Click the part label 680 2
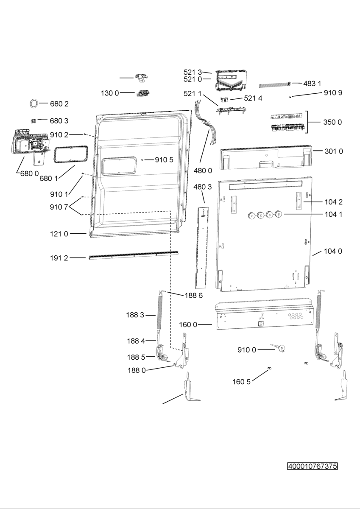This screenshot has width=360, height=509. click(59, 104)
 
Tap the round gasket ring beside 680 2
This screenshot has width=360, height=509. click(34, 103)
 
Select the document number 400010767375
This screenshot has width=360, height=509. click(313, 466)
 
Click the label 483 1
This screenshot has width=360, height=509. click(312, 84)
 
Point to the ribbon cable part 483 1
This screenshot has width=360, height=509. click(275, 85)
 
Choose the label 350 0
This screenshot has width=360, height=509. click(332, 122)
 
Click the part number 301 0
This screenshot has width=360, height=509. click(334, 151)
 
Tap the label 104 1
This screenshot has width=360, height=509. click(333, 214)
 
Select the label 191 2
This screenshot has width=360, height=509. click(59, 258)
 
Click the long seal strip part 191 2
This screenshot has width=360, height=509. click(134, 255)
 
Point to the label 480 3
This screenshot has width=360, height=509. click(202, 187)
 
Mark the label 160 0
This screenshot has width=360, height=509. click(188, 325)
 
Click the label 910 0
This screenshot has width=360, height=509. click(247, 350)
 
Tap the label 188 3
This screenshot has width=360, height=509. click(135, 315)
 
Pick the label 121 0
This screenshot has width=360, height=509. click(59, 234)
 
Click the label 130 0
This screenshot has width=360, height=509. click(110, 93)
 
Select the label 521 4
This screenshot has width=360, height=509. click(253, 98)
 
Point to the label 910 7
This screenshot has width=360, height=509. click(59, 207)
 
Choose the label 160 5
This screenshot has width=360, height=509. click(241, 382)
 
